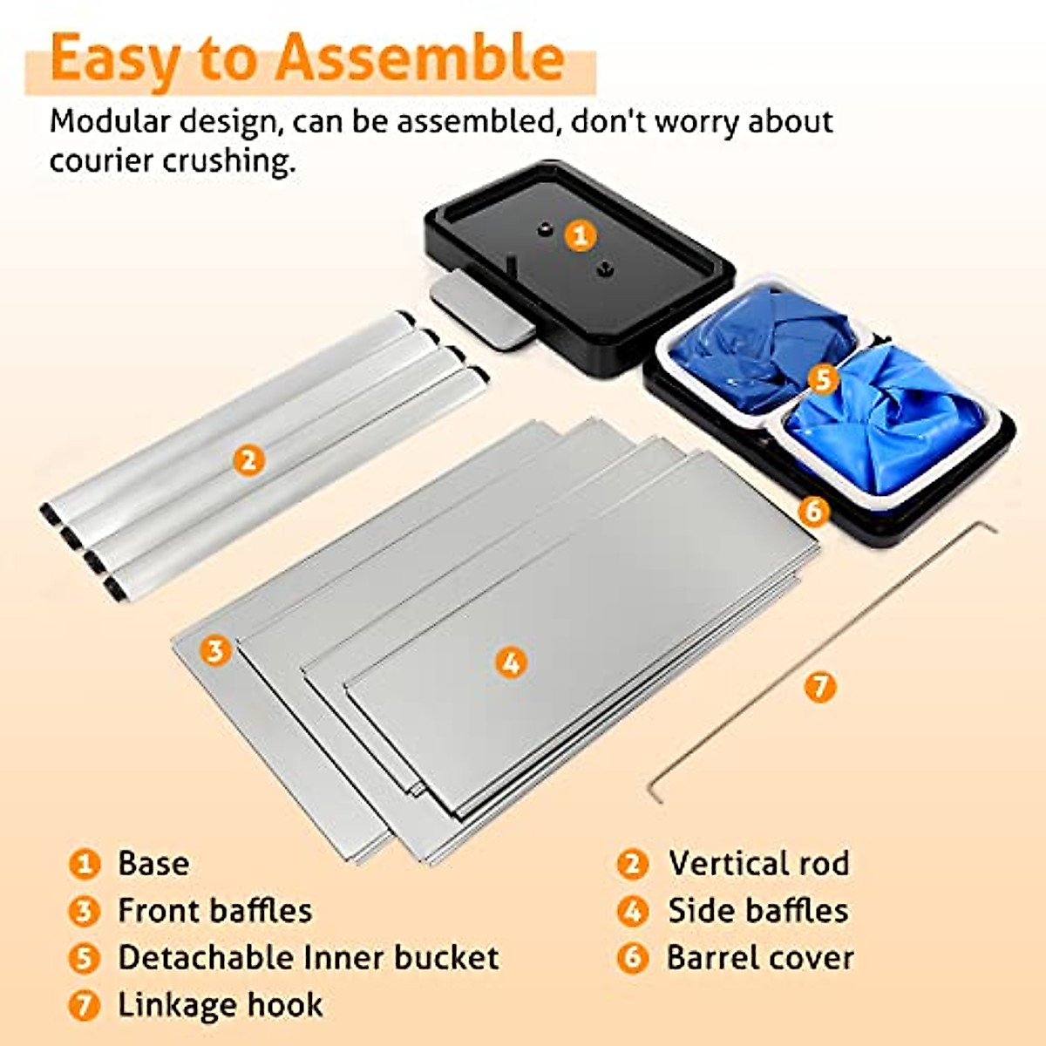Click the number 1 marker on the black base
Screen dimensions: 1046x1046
(580, 235)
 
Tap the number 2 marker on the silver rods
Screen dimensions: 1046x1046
(248, 459)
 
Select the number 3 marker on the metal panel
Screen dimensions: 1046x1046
(215, 650)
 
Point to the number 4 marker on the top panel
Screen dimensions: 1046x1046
(512, 662)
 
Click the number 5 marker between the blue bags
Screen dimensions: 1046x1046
(823, 379)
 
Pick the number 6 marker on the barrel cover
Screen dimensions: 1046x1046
(813, 510)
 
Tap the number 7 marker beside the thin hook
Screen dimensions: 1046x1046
(819, 687)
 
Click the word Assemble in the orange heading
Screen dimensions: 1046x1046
(420, 58)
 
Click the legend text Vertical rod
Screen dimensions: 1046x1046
(758, 864)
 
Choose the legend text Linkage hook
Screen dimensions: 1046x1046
(221, 1005)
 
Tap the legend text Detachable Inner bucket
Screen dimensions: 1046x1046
(309, 958)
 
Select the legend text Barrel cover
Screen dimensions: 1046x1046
(760, 958)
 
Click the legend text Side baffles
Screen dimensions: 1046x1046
(758, 911)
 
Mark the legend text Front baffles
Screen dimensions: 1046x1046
(215, 911)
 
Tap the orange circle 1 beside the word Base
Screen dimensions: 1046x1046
(85, 865)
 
